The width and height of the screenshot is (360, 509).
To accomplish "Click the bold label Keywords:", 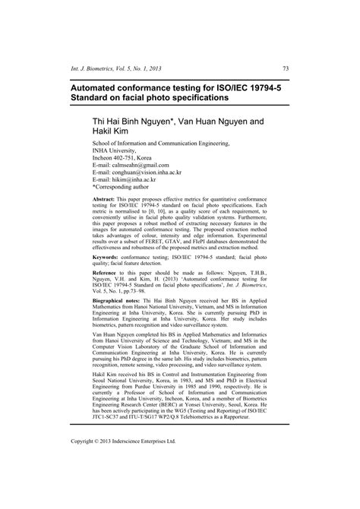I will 108,258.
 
